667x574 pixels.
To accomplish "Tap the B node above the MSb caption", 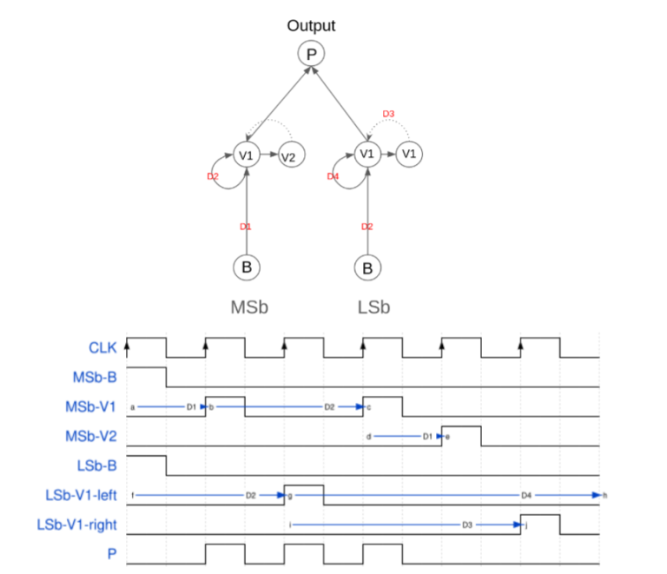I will (x=247, y=267).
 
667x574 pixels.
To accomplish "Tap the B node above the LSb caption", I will (x=367, y=267).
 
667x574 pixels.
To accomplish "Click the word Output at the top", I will (x=311, y=26).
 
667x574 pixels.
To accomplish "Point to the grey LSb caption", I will (x=373, y=307).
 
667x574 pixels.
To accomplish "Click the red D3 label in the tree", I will (x=388, y=115).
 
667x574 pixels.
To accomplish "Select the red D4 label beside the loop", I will (x=333, y=177).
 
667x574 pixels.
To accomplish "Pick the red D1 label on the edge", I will (x=246, y=227).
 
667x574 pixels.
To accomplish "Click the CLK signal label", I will (x=102, y=348).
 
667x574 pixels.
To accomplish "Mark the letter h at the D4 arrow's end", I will (x=605, y=495).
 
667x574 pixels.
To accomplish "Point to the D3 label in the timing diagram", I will (x=467, y=525).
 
